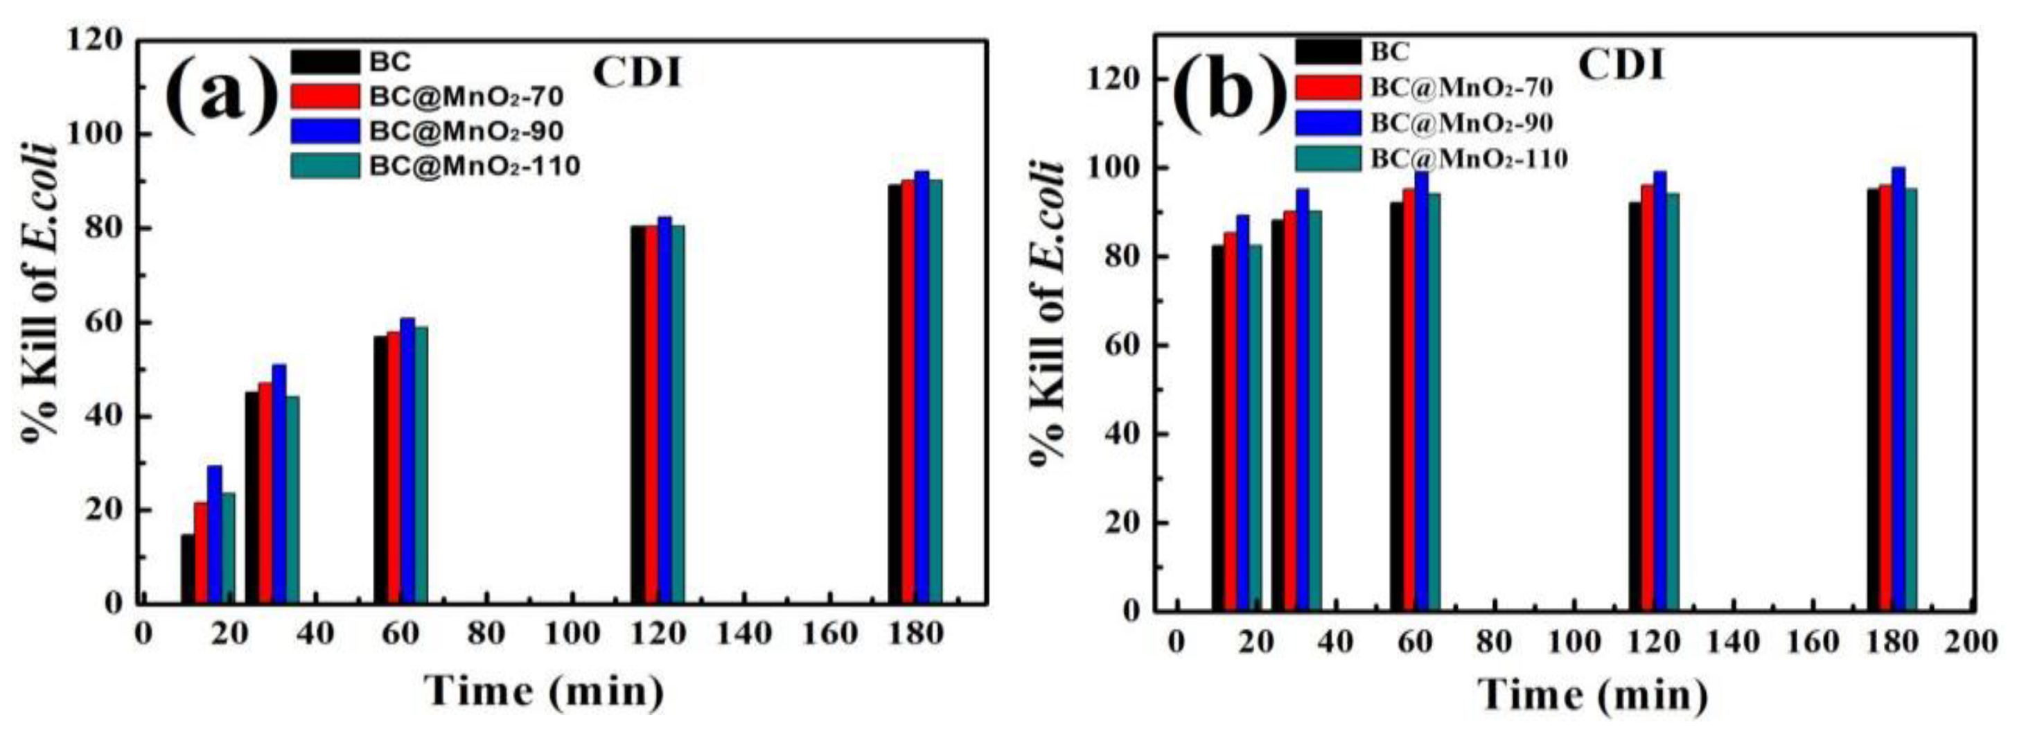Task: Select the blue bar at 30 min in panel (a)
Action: tap(279, 484)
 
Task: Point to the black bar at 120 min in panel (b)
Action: tap(1635, 406)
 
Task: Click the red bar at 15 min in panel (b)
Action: tap(1230, 421)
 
